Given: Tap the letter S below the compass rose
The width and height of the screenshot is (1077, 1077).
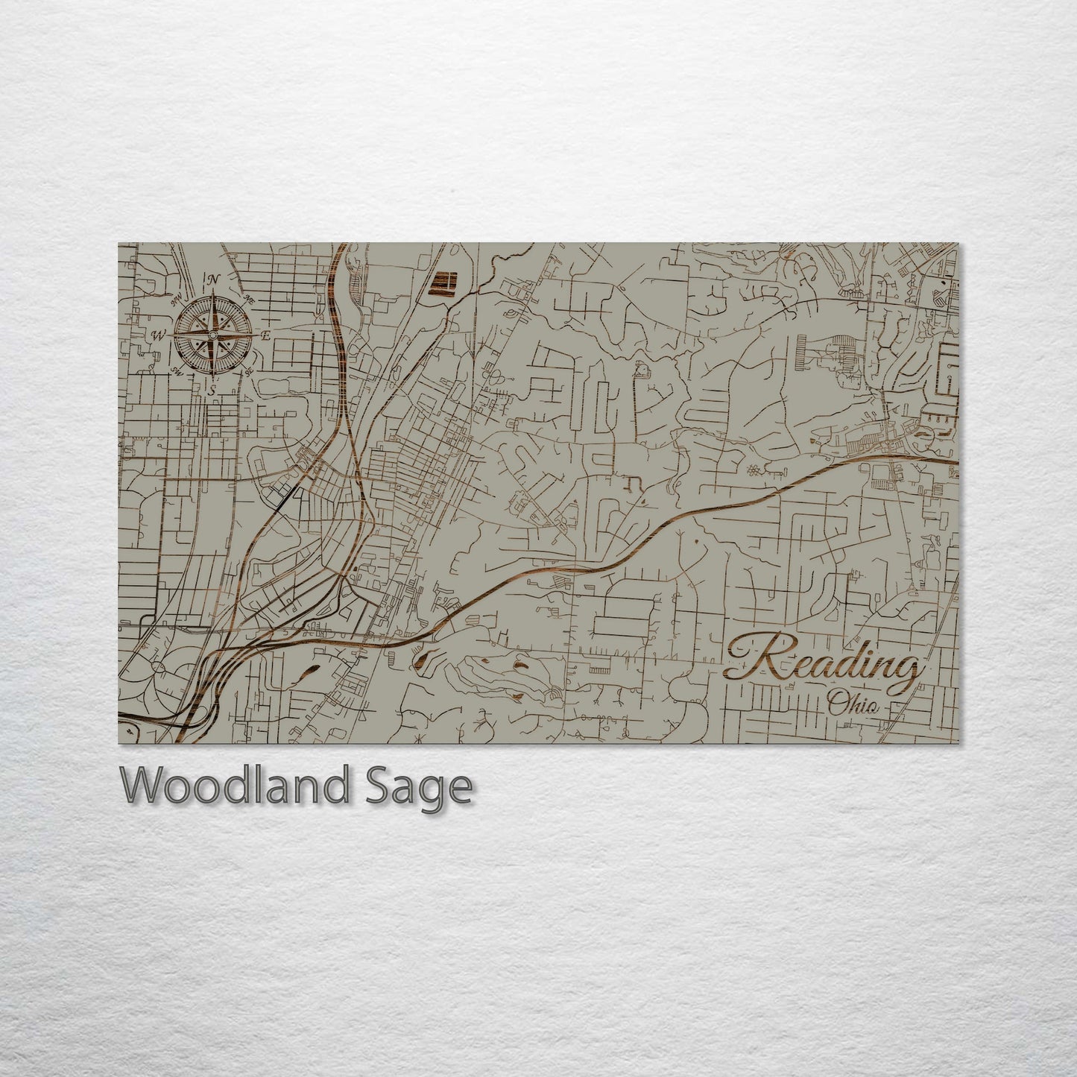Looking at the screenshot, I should pyautogui.click(x=212, y=390).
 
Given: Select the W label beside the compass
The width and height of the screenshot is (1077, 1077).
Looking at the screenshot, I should pyautogui.click(x=158, y=335).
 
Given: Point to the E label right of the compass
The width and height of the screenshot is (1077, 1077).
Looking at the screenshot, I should pyautogui.click(x=265, y=335).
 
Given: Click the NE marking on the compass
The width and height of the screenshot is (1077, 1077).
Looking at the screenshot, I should pyautogui.click(x=250, y=299).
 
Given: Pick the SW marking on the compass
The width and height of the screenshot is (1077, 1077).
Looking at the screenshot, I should pyautogui.click(x=177, y=370).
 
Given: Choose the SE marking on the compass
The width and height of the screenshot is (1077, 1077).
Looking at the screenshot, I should pyautogui.click(x=249, y=370).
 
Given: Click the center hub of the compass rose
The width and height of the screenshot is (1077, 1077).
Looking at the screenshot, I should pyautogui.click(x=213, y=335).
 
